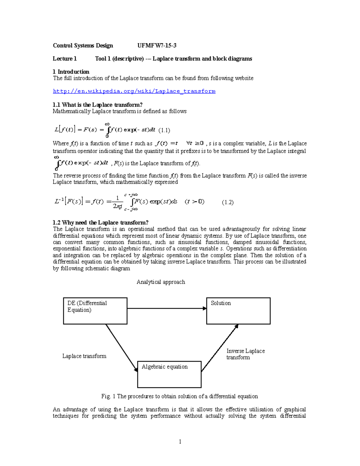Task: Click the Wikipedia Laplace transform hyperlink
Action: pos(134,91)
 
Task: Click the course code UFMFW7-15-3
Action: pos(157,46)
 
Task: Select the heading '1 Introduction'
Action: pos(71,72)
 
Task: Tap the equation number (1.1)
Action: pos(164,130)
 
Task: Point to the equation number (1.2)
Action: pos(228,202)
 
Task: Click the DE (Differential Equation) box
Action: pos(95,311)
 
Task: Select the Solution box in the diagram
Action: pos(238,311)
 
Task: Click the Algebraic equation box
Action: pos(169,374)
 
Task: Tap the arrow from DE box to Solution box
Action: pos(166,308)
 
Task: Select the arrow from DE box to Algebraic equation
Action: pos(121,348)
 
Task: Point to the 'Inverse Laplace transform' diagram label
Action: pos(245,354)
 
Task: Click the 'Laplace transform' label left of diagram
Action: pos(84,356)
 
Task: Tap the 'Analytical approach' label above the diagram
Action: pos(161,282)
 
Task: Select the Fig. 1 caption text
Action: pos(179,396)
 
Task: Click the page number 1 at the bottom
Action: pos(180,441)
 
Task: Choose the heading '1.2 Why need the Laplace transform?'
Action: pos(100,223)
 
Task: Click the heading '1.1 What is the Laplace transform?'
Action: pos(97,105)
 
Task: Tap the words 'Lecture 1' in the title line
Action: pos(65,59)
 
